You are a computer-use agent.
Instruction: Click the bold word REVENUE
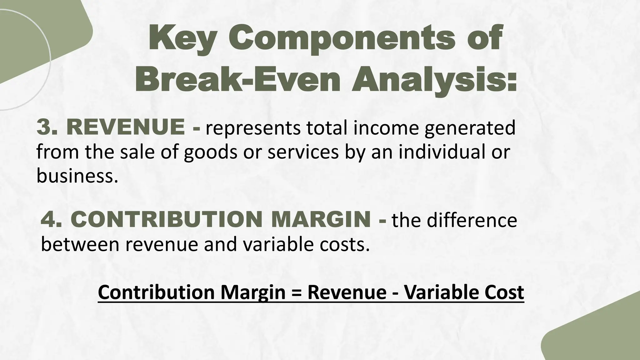(125, 128)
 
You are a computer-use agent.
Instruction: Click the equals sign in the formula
(296, 292)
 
